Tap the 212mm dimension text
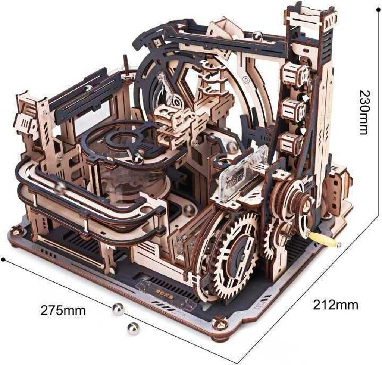[335, 305]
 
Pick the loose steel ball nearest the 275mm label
[118, 309]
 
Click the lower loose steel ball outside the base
[133, 329]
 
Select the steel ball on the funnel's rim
[138, 159]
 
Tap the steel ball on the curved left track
[61, 188]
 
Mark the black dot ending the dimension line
[3, 259]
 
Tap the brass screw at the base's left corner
[15, 230]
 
